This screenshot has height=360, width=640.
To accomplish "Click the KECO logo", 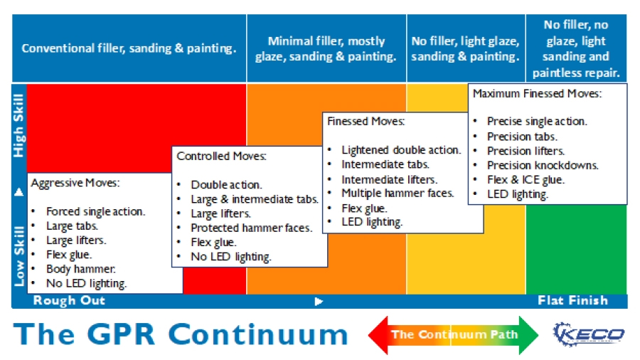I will pyautogui.click(x=588, y=334).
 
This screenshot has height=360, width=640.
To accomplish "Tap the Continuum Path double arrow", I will pyautogui.click(x=454, y=334).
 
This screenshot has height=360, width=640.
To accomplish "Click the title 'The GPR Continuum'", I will pyautogui.click(x=181, y=334).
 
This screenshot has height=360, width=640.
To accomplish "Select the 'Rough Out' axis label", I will pyautogui.click(x=69, y=300).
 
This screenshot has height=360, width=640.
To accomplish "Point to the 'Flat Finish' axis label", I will pyautogui.click(x=572, y=300).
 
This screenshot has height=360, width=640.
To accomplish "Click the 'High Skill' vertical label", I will pyautogui.click(x=19, y=125).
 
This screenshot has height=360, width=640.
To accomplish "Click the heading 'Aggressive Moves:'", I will pyautogui.click(x=75, y=183).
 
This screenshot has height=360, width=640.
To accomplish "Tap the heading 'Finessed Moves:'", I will pyautogui.click(x=366, y=122).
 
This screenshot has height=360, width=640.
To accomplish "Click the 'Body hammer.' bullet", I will pyautogui.click(x=80, y=269).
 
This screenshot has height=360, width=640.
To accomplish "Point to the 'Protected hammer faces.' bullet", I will pyautogui.click(x=251, y=228).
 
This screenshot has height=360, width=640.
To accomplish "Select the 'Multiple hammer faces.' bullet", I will pyautogui.click(x=397, y=193).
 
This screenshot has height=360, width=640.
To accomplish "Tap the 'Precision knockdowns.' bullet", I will pyautogui.click(x=543, y=165).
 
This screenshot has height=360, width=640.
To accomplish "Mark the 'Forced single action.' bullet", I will pyautogui.click(x=95, y=211).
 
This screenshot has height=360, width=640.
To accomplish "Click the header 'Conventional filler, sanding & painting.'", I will pyautogui.click(x=129, y=48).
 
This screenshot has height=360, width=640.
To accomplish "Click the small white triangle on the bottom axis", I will pyautogui.click(x=319, y=301).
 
